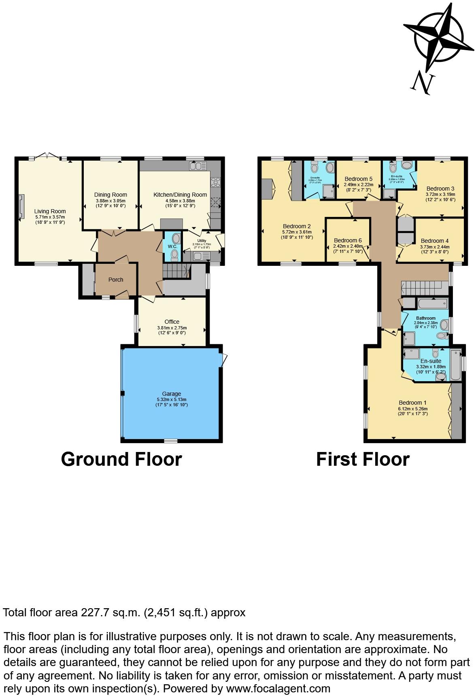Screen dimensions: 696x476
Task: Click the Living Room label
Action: pos(50,211)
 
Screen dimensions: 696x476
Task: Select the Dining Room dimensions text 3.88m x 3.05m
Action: pos(110,201)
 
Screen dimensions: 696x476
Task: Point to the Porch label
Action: pos(116,280)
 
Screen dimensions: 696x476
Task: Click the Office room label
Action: pos(172,322)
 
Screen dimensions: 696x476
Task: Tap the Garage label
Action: pos(172,393)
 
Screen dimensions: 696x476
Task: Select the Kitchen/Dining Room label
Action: pos(180,195)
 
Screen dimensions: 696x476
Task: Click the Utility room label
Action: pos(202,240)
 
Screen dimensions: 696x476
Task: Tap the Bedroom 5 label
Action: pos(358,179)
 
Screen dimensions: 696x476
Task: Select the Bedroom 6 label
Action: pos(348,240)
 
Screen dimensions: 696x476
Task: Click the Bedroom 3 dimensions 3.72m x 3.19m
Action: pos(440,194)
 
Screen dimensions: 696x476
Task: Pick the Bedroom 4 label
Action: pos(435,241)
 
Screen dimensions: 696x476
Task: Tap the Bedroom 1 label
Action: pos(412,403)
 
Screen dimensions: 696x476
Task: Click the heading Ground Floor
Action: pos(121,459)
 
